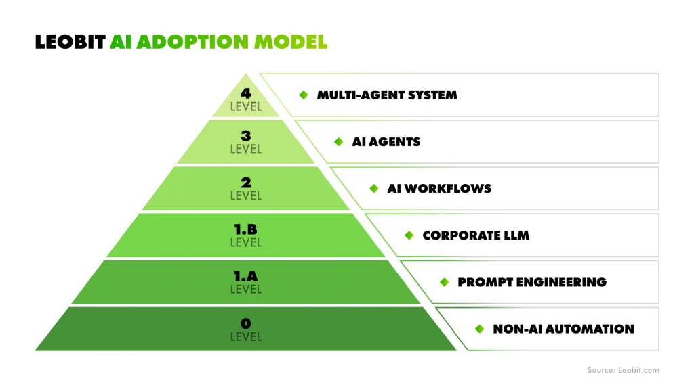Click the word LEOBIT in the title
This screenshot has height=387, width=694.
pos(70,41)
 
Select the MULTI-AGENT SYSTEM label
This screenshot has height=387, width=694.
pos(387,95)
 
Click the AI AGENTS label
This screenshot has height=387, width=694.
pos(386,142)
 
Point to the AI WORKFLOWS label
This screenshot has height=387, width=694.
pos(439,189)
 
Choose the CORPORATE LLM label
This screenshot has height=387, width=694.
pos(476,235)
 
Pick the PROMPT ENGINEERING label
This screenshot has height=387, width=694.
pos(532,282)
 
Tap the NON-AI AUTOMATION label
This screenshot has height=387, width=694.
pos(563,329)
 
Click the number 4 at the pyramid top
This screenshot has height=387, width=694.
pos(245,93)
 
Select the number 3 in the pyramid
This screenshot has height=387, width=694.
pos(245,137)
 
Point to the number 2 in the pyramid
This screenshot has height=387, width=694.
pos(245,183)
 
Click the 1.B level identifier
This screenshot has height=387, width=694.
pos(245,230)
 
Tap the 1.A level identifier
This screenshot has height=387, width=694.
pos(245,277)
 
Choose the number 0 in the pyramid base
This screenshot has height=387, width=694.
pos(245,323)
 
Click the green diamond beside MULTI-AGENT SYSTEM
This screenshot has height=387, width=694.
pos(304,95)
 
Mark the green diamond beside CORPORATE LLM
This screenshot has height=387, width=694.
pos(409,235)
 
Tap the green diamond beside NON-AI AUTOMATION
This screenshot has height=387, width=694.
pos(479,329)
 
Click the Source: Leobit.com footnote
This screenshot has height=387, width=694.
pos(622,370)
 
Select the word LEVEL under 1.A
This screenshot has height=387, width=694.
pos(245,290)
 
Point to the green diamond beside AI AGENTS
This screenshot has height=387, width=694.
pos(339,142)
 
